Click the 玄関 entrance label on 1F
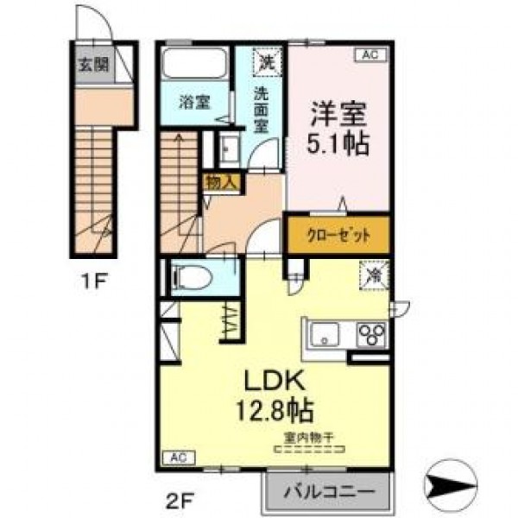click(93, 65)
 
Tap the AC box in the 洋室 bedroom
click(370, 54)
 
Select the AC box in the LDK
click(179, 458)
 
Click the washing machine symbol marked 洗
click(268, 62)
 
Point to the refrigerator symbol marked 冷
click(375, 275)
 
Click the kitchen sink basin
click(325, 335)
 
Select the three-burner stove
click(371, 335)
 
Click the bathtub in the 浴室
click(194, 63)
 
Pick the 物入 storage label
click(222, 183)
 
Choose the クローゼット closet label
click(338, 236)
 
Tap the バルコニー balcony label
click(329, 491)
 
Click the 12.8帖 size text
click(275, 410)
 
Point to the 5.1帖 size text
click(338, 143)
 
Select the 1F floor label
click(94, 281)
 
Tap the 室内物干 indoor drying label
click(308, 438)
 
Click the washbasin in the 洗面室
click(230, 148)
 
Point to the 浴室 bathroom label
click(194, 102)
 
